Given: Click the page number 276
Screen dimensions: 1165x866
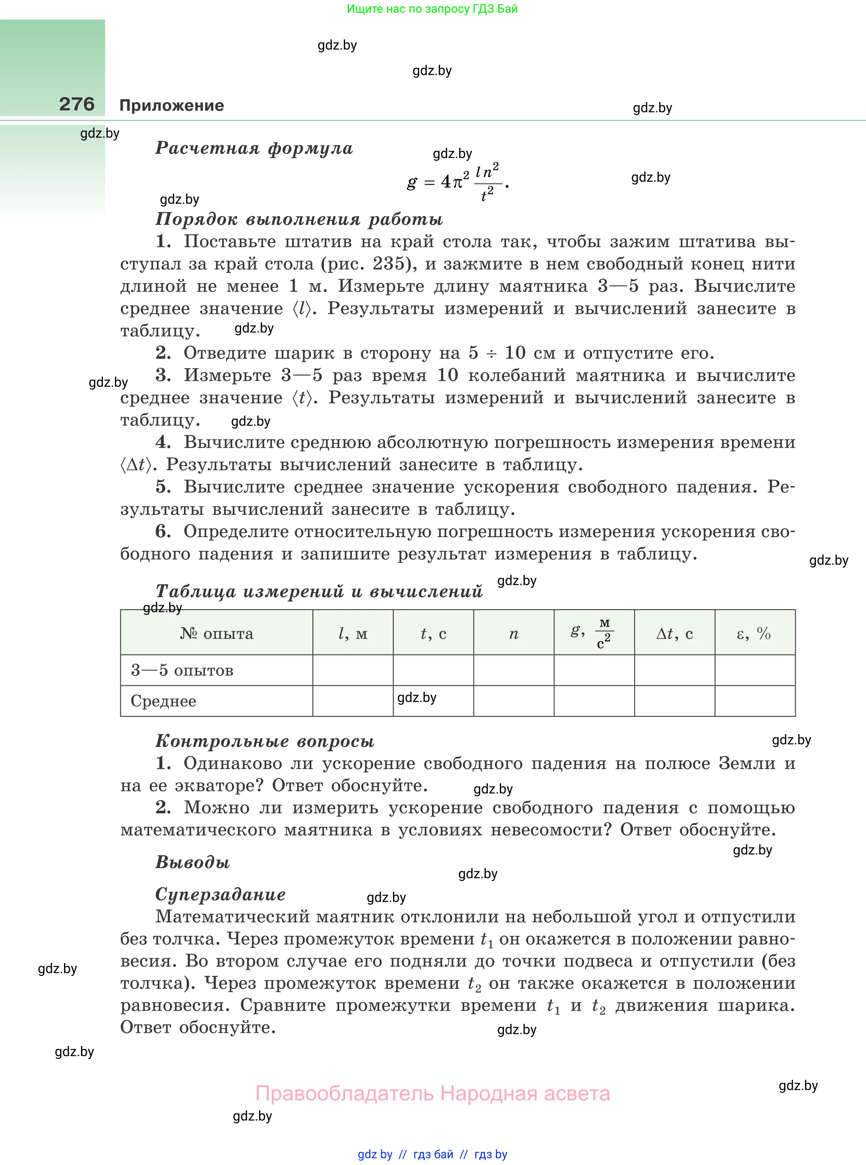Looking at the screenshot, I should (77, 104).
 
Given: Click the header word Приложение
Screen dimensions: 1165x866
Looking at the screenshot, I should (171, 105).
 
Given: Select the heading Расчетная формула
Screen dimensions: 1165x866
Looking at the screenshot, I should (254, 148).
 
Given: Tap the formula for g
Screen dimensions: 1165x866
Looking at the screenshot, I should (458, 182).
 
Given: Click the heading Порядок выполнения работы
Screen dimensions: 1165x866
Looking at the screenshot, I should (299, 219).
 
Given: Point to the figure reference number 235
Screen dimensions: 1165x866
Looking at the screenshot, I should (388, 264).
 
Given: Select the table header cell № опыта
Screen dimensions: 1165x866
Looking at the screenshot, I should (217, 633).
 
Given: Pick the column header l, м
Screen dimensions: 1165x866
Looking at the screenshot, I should (353, 633).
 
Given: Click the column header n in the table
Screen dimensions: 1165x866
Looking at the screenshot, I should (514, 633).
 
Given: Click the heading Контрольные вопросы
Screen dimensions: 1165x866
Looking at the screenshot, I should (265, 741).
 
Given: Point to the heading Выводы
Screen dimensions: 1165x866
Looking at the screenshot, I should (193, 862).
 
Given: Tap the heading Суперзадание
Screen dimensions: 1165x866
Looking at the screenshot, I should (220, 894).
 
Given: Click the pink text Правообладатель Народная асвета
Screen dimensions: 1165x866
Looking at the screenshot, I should (432, 1093).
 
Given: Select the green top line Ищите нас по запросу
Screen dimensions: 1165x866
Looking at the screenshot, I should (432, 9).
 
